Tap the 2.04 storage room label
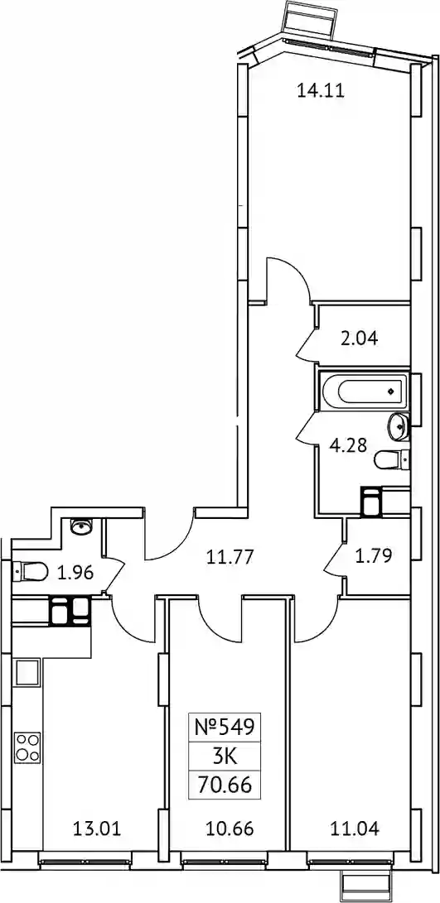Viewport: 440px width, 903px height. pos(359,338)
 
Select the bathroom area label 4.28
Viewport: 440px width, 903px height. pos(348,445)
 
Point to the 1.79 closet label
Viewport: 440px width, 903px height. pos(375,555)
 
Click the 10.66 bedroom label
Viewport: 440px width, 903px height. pos(230,829)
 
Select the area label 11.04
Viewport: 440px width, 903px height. pos(355,829)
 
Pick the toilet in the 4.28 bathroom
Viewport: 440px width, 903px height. pos(390,459)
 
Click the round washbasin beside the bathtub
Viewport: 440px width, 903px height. pos(398,425)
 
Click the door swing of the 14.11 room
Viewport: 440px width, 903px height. pos(291,279)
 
